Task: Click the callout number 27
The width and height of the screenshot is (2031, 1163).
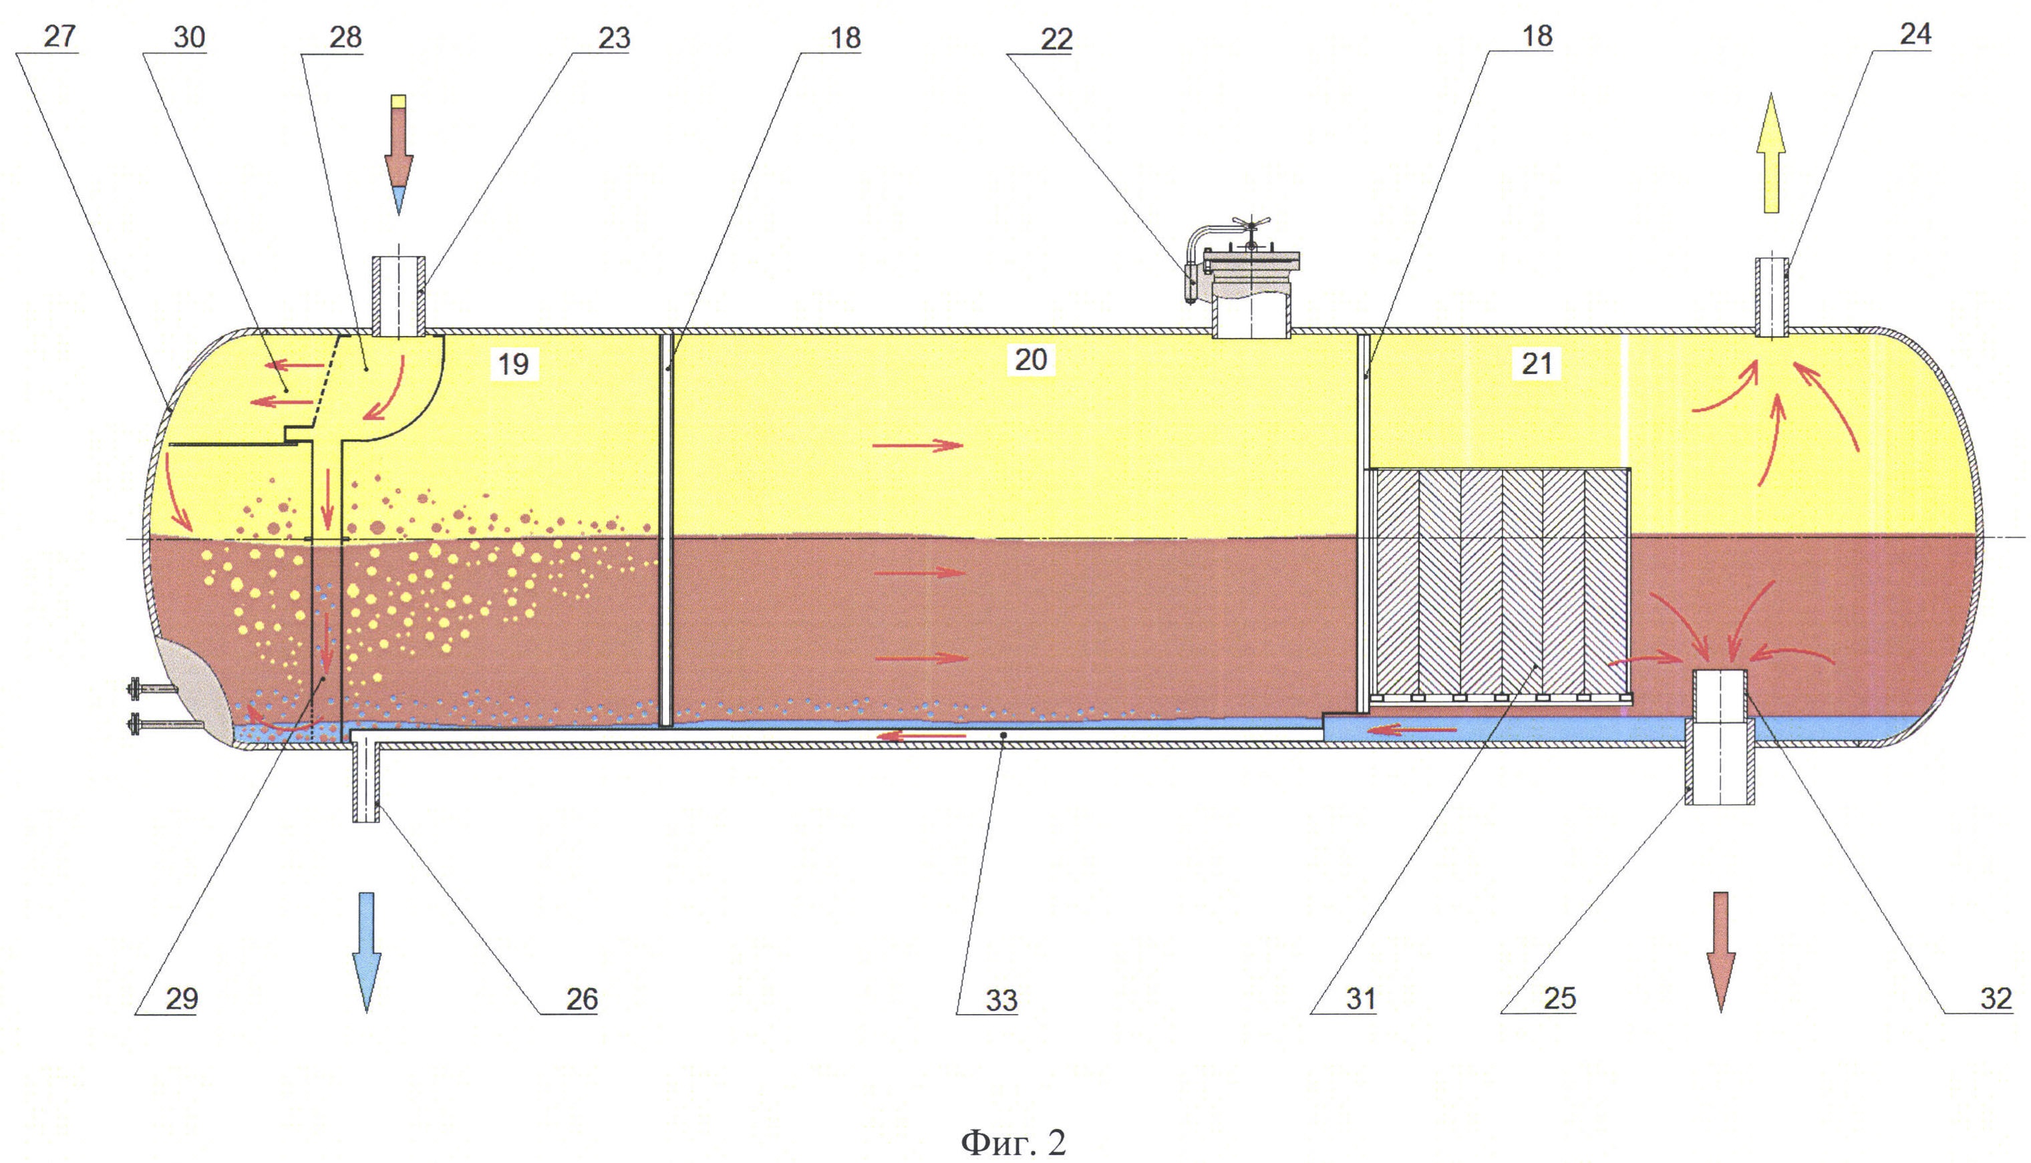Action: pos(59,37)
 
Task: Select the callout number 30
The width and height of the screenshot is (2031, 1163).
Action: pos(189,37)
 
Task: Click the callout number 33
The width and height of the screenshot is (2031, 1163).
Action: pos(1001,1000)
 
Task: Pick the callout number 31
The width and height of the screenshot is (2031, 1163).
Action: pos(1361,999)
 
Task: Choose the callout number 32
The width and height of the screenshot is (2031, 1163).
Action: pos(1996,999)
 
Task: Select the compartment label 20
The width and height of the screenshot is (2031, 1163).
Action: pos(1030,360)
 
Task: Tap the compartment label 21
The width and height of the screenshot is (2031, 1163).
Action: pos(1537,364)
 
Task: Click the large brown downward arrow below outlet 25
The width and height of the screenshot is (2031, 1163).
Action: pos(1721,951)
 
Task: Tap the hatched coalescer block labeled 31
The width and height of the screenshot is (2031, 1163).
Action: pos(1500,583)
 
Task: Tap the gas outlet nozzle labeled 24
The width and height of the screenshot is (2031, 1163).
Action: pos(1770,298)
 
